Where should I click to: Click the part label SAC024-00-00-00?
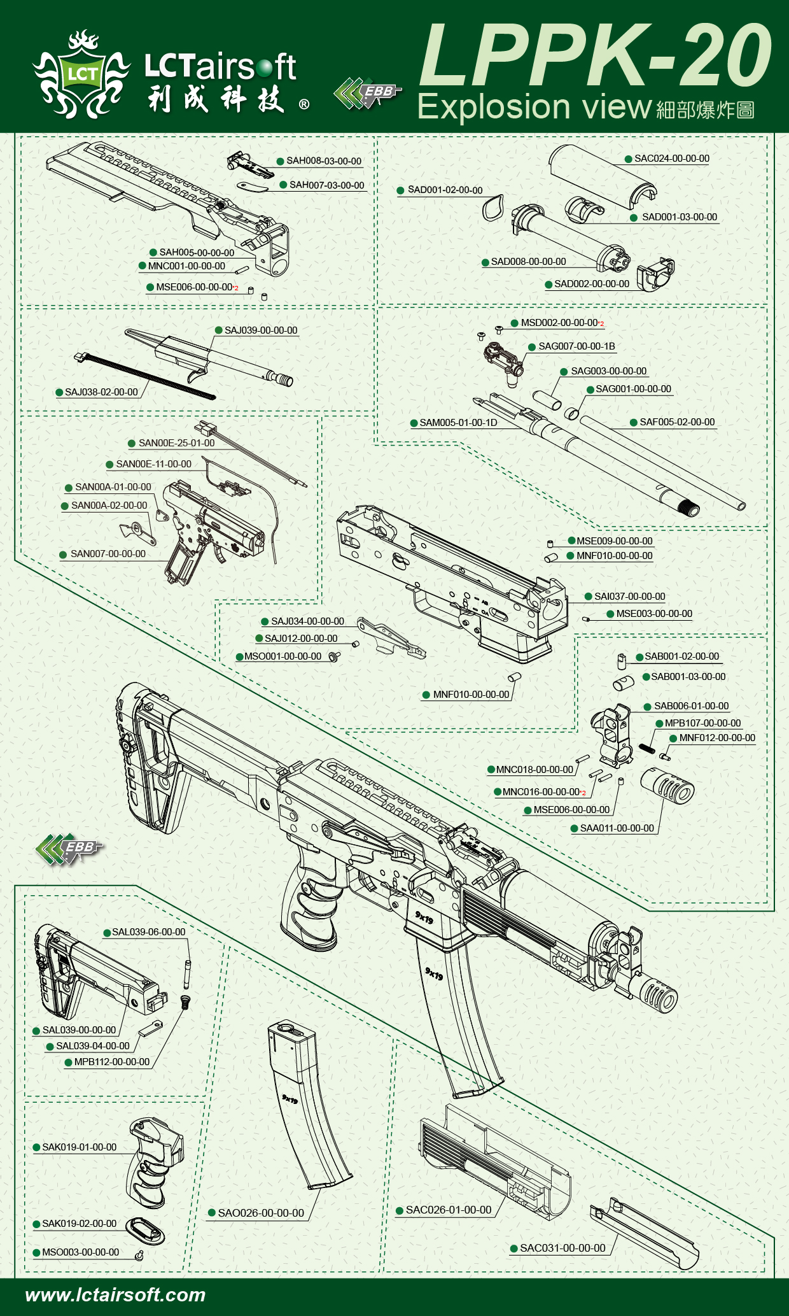point(671,159)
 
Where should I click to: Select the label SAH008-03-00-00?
point(323,161)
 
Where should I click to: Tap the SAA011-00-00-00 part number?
point(617,828)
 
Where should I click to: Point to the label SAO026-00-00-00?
point(261,1213)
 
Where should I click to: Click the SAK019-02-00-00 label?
point(79,1224)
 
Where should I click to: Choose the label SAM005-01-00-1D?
point(458,423)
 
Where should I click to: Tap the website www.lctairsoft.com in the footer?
point(115,1295)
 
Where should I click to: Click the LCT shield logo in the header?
point(81,75)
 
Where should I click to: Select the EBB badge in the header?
point(367,93)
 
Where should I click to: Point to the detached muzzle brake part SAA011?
point(667,785)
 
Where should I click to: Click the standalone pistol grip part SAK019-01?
point(155,1162)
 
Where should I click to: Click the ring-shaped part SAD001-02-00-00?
point(493,208)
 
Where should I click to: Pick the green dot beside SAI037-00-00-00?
point(589,597)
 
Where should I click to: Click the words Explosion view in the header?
point(534,107)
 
